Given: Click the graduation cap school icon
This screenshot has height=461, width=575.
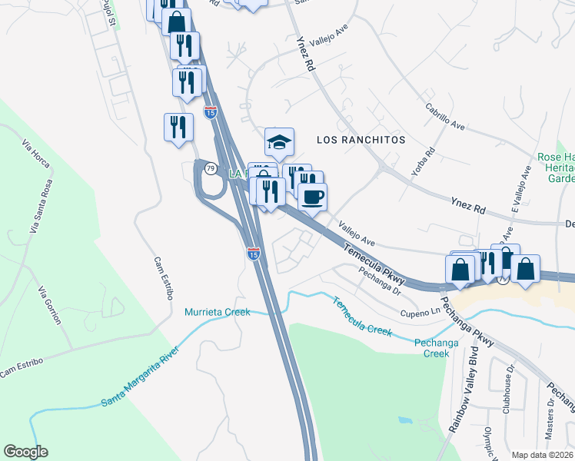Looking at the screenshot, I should click(x=279, y=141).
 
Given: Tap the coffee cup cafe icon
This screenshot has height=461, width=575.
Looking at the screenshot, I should click(x=312, y=197).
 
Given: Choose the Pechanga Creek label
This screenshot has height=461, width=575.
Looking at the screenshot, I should click(x=431, y=348).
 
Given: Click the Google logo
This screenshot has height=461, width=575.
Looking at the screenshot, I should click(x=25, y=452).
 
